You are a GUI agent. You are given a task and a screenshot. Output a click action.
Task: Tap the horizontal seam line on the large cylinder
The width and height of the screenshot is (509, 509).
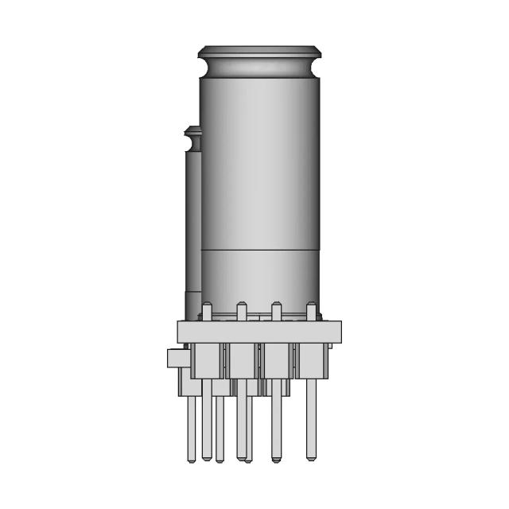[261, 250]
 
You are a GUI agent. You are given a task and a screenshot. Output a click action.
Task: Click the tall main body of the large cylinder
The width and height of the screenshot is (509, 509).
[261, 159]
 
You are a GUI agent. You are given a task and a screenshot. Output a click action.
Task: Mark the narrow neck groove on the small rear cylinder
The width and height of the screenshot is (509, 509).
[191, 143]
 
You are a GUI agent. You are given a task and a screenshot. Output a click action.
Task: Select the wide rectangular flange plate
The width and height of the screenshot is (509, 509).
[259, 332]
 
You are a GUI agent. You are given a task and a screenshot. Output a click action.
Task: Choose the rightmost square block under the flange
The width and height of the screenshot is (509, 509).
[312, 359]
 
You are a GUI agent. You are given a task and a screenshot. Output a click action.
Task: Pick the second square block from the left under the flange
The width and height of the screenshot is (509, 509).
[242, 359]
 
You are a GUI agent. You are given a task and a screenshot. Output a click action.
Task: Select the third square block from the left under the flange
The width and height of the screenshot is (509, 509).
[277, 359]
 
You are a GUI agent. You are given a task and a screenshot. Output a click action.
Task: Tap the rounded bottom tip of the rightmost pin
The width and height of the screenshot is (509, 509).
[311, 457]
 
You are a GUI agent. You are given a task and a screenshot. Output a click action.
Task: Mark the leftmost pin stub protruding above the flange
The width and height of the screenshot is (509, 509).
[207, 312]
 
